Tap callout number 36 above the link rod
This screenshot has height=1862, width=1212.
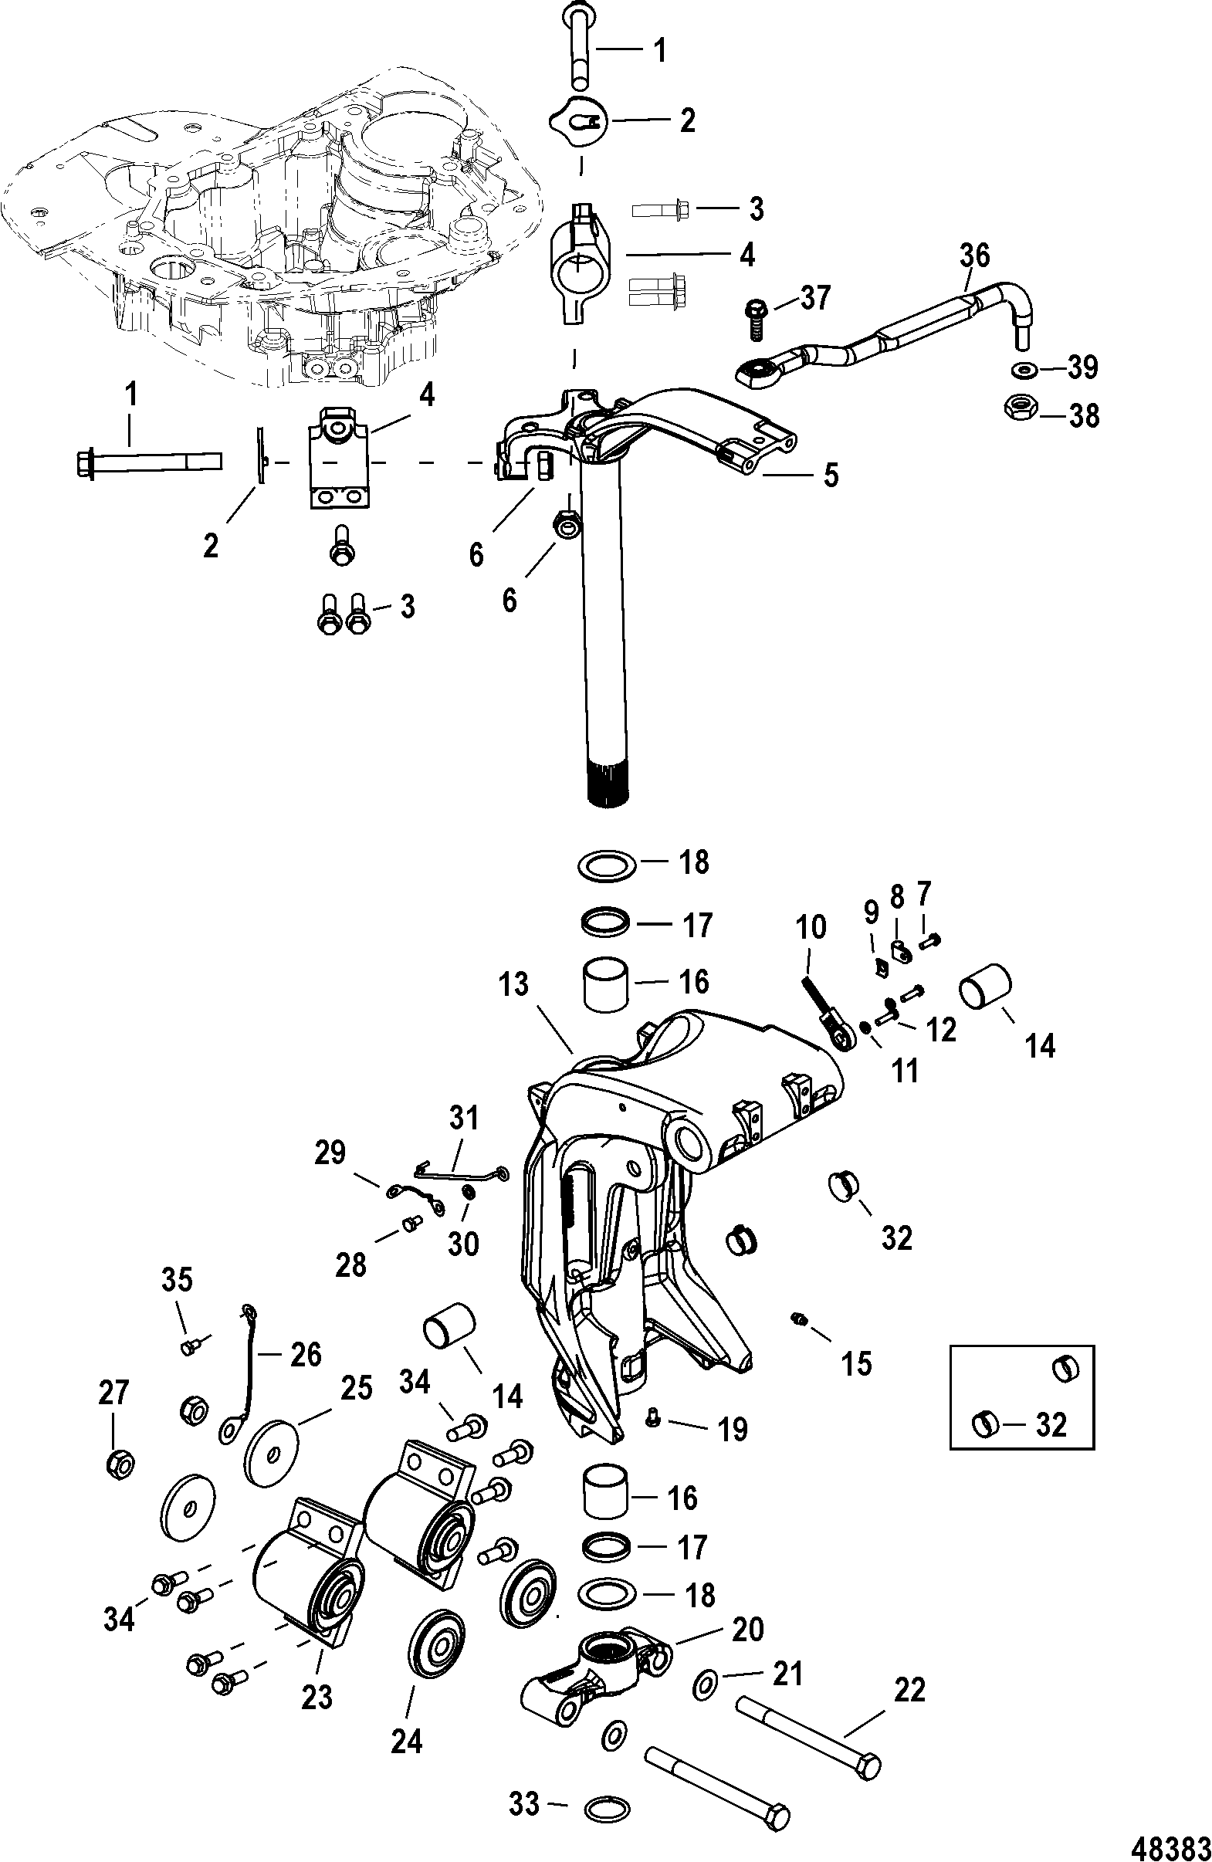click(x=974, y=256)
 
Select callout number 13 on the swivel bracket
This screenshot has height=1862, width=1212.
click(x=514, y=984)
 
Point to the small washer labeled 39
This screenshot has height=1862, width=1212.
click(x=1021, y=368)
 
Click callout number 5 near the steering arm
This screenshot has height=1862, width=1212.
click(x=830, y=474)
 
